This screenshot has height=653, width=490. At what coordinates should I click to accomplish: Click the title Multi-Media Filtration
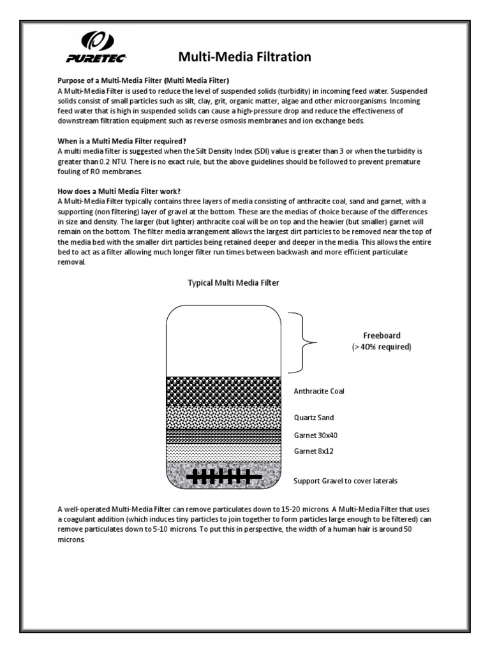pos(244,57)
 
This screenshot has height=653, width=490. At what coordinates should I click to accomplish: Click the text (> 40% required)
pos(381,347)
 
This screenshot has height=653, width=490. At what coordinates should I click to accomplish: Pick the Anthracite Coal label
pos(318,391)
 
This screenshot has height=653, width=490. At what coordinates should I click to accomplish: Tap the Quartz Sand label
pos(313,418)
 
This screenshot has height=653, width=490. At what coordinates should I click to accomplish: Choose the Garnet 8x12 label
pos(313,450)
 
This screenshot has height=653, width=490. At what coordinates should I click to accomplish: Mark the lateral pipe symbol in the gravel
pos(223,476)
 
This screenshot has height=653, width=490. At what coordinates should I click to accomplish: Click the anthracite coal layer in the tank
pos(223,391)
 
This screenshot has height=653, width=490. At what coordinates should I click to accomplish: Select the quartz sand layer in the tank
pos(223,417)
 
